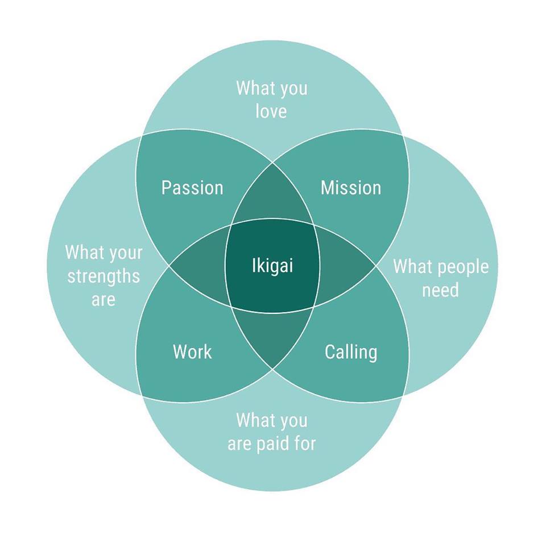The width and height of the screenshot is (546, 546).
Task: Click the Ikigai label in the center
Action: tap(272, 266)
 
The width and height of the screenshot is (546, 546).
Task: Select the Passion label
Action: tap(192, 188)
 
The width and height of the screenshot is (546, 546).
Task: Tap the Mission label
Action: tap(351, 188)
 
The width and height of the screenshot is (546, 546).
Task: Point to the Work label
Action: tap(192, 352)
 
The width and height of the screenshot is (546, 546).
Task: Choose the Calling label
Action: tap(351, 352)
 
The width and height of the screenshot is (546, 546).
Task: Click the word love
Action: tap(271, 111)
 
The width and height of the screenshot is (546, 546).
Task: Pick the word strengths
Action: tap(104, 276)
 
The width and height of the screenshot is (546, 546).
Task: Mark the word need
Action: tap(440, 290)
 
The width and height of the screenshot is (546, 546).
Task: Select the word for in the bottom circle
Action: tap(304, 444)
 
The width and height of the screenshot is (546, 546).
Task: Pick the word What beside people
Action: tap(411, 266)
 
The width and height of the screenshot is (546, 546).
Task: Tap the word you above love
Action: tap(293, 88)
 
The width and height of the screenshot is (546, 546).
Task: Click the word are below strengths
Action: tap(103, 300)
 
